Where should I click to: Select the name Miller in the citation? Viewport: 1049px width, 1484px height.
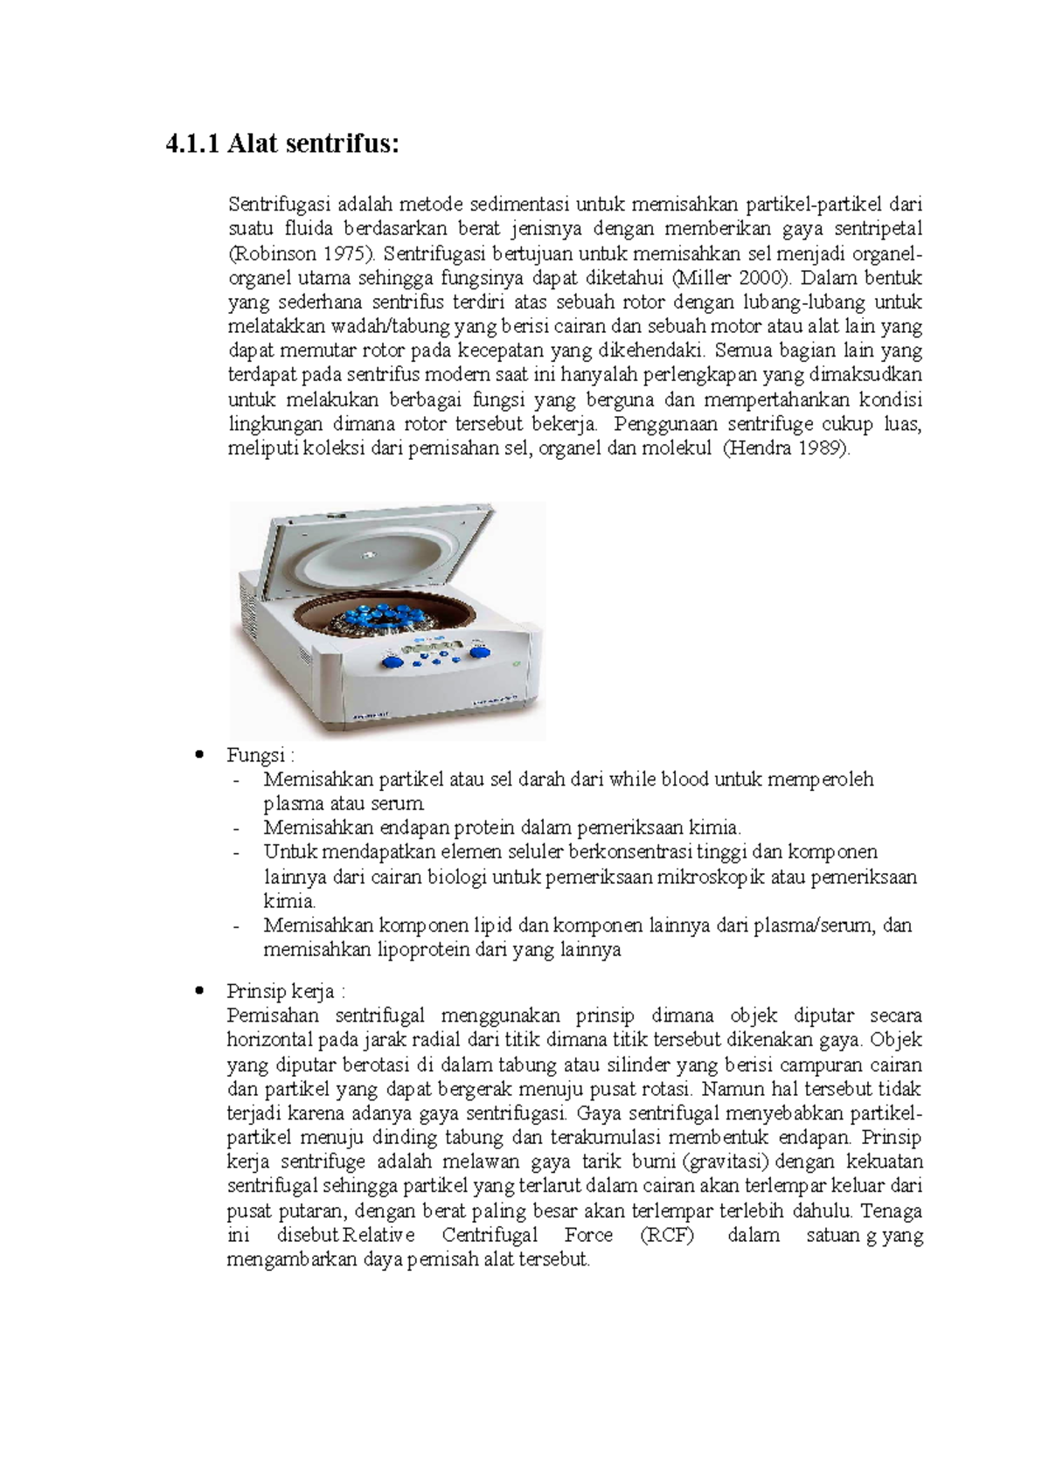698,278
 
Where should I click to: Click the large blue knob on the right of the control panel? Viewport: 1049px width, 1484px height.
479,650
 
